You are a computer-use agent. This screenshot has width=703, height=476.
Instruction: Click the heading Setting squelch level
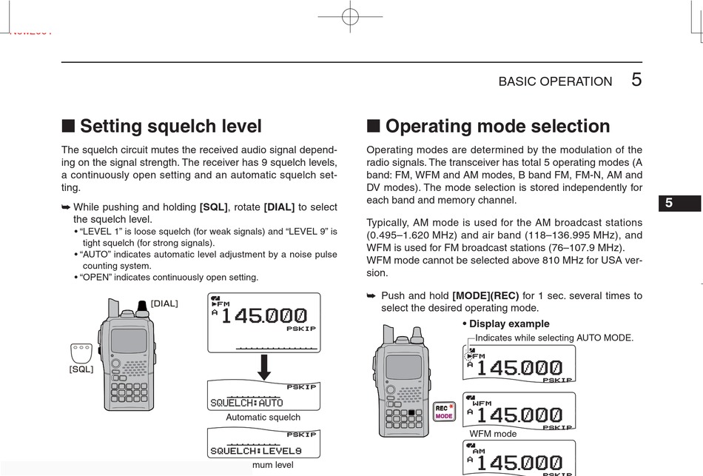[170, 127]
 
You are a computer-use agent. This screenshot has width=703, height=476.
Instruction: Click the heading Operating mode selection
[497, 127]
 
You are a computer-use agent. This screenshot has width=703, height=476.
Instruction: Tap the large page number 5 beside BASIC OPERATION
[636, 80]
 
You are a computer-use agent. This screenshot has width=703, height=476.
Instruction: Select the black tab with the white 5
[679, 203]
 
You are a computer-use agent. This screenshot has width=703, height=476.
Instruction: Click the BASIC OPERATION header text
[555, 81]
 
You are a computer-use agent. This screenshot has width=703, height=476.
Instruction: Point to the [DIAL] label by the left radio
[164, 303]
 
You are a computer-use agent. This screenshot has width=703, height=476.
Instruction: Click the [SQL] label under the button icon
[81, 369]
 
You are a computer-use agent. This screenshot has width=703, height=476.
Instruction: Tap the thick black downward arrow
[263, 366]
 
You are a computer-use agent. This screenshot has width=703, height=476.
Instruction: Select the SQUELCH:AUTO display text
[246, 403]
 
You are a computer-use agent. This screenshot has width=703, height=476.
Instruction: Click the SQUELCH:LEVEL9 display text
[255, 451]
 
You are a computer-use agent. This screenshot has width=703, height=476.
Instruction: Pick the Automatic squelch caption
[263, 418]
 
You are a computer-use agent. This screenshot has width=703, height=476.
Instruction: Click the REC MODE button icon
[444, 412]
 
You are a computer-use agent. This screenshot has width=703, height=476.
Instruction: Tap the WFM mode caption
[493, 434]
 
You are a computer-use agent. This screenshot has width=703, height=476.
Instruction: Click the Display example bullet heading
[509, 324]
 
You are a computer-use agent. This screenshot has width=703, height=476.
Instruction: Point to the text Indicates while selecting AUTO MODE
[554, 338]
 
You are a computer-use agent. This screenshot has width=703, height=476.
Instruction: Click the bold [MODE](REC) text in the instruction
[485, 295]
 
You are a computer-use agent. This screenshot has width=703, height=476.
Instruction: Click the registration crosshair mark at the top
[350, 16]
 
